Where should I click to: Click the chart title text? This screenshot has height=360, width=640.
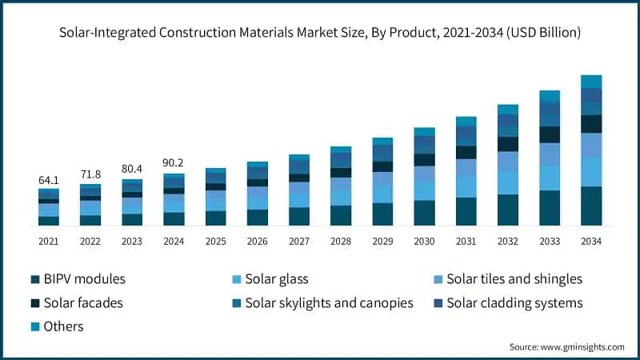click(x=320, y=33)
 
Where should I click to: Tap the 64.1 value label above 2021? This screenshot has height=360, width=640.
click(x=49, y=181)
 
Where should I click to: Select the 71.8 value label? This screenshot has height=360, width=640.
click(x=90, y=174)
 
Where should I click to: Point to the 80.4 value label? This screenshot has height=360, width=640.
click(x=132, y=169)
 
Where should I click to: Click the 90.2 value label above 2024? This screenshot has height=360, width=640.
click(x=174, y=162)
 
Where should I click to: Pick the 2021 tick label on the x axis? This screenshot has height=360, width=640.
click(x=49, y=241)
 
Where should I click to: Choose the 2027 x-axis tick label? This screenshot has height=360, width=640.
click(x=299, y=241)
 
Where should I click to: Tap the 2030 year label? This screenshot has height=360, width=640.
click(x=424, y=241)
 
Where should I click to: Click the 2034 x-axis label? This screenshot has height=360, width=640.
click(x=591, y=241)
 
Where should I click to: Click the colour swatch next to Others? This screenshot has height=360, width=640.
click(x=35, y=326)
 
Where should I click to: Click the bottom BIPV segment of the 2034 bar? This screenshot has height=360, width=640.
click(x=591, y=206)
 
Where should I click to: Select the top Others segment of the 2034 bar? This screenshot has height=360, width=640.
click(x=591, y=81)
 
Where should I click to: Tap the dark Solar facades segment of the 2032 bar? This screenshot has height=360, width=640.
click(x=508, y=144)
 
